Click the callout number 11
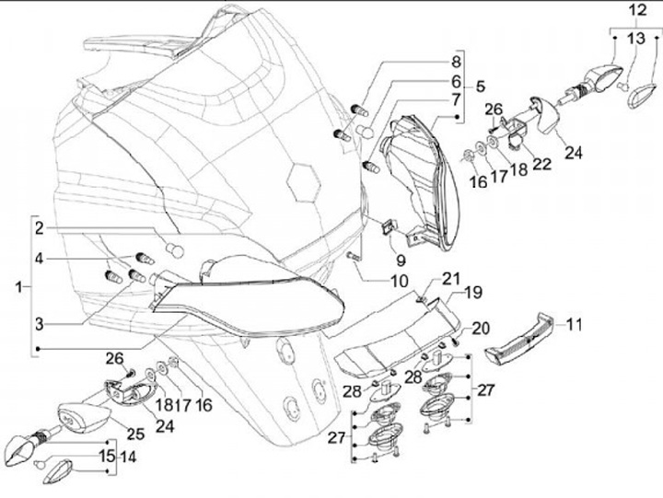tap(575, 325)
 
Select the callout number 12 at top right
tap(637, 12)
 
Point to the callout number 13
tap(637, 39)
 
